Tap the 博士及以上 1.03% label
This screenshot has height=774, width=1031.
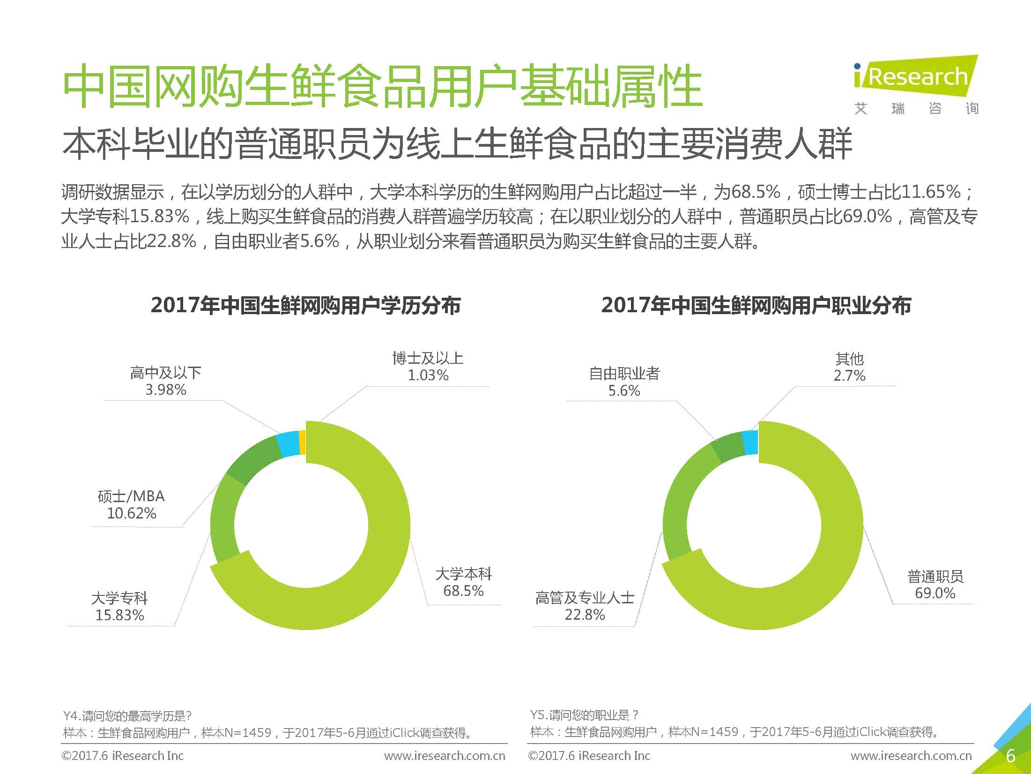pyautogui.click(x=428, y=367)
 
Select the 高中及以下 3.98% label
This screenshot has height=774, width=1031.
pyautogui.click(x=165, y=381)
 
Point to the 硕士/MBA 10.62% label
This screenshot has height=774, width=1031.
pyautogui.click(x=131, y=504)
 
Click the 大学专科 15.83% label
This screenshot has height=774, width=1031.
pyautogui.click(x=119, y=606)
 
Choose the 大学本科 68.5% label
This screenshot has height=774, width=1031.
pyautogui.click(x=463, y=582)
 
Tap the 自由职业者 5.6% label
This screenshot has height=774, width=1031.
pyautogui.click(x=624, y=382)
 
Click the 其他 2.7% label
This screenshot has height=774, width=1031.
pyautogui.click(x=849, y=367)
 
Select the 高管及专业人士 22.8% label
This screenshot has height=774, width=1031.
pyautogui.click(x=585, y=606)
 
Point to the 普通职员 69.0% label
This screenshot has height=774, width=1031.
pyautogui.click(x=935, y=584)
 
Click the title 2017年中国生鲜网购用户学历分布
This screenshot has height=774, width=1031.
pyautogui.click(x=305, y=306)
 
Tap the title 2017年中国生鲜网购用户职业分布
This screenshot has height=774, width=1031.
pyautogui.click(x=756, y=306)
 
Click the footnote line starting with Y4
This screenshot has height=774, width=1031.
pyautogui.click(x=127, y=716)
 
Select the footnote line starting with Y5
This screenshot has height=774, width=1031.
pyautogui.click(x=585, y=715)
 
